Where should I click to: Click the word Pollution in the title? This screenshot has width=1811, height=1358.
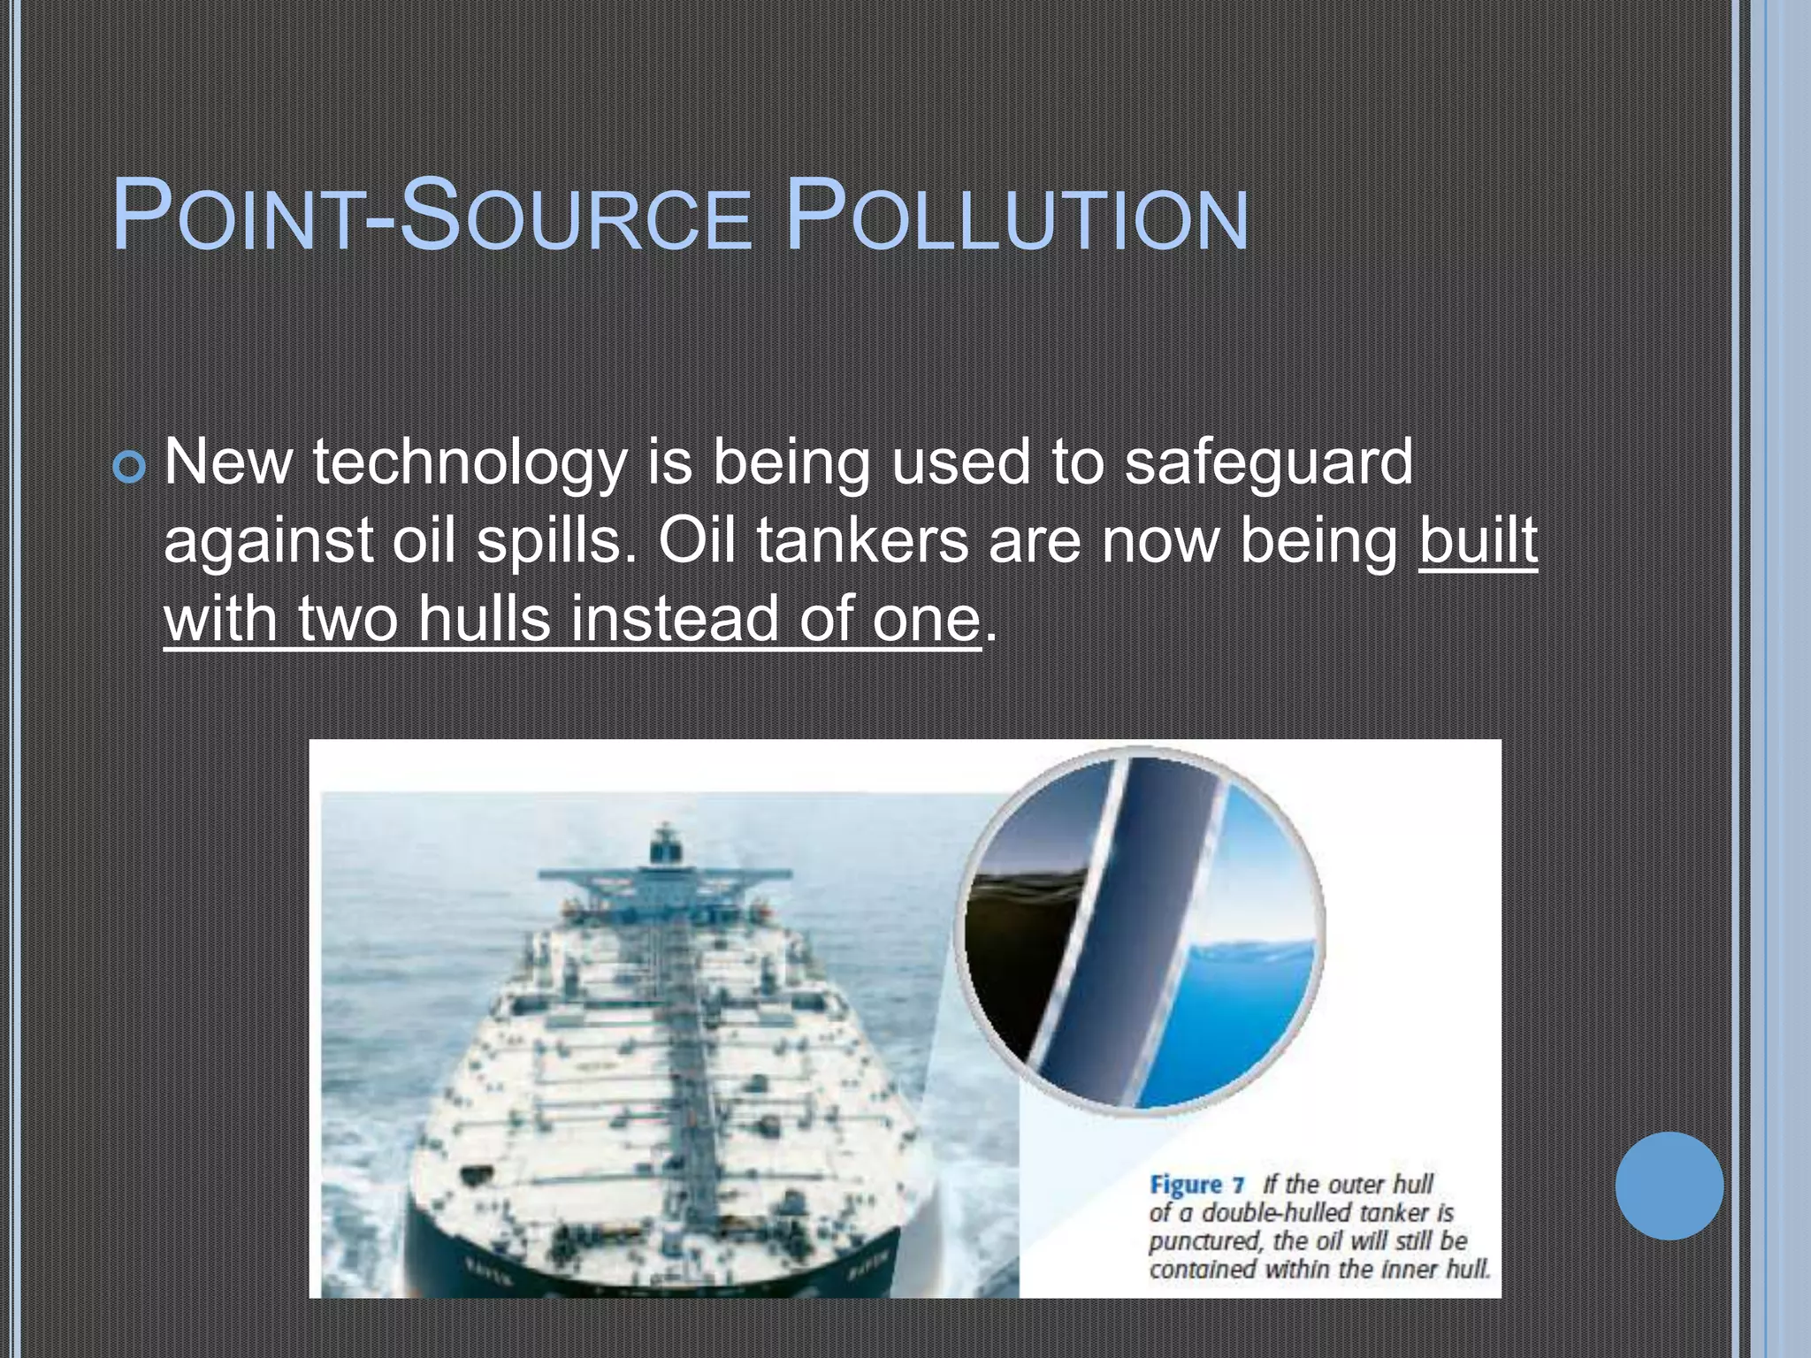[x=1017, y=217]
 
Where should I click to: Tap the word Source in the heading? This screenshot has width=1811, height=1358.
[x=575, y=217]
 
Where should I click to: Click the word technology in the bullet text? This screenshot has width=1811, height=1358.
[x=469, y=463]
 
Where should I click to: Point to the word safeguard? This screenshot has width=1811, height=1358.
[x=1268, y=463]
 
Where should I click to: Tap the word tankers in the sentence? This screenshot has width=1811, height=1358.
[x=862, y=540]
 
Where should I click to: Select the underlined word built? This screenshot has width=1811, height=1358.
[x=1478, y=540]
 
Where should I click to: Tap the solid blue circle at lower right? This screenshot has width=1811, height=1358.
[x=1669, y=1186]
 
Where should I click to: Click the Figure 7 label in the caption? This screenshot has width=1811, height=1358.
[x=1196, y=1185]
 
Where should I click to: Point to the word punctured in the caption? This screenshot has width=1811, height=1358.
[x=1204, y=1241]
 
